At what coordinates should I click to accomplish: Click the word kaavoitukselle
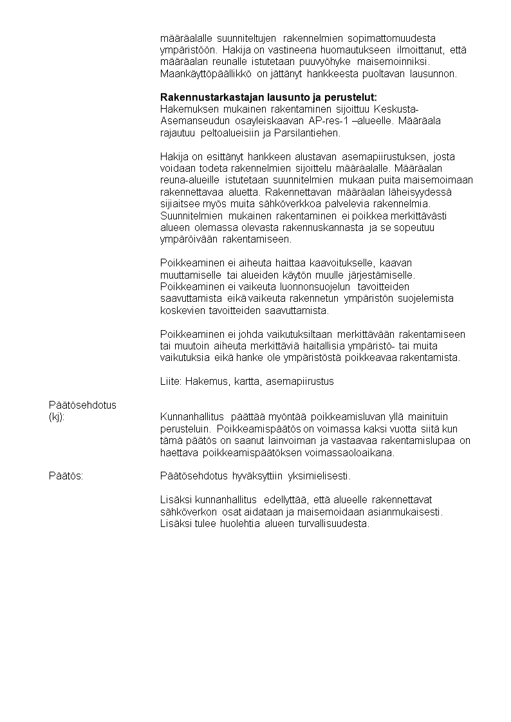340,263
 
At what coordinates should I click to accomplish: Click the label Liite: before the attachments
171,382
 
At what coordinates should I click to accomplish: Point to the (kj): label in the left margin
57,417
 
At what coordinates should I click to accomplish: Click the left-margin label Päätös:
66,476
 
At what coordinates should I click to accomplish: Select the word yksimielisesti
319,476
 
